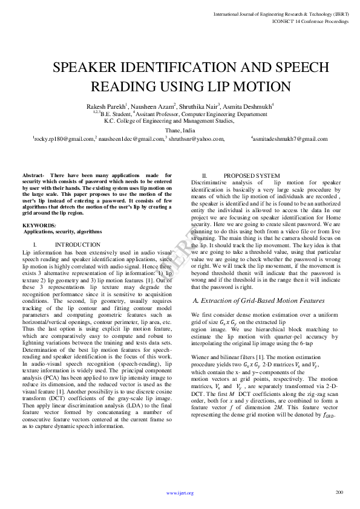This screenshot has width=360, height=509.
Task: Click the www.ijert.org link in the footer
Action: point(180,493)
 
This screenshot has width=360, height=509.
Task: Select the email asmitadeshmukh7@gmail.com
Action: point(290,139)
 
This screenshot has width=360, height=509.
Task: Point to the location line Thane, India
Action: point(180,130)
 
